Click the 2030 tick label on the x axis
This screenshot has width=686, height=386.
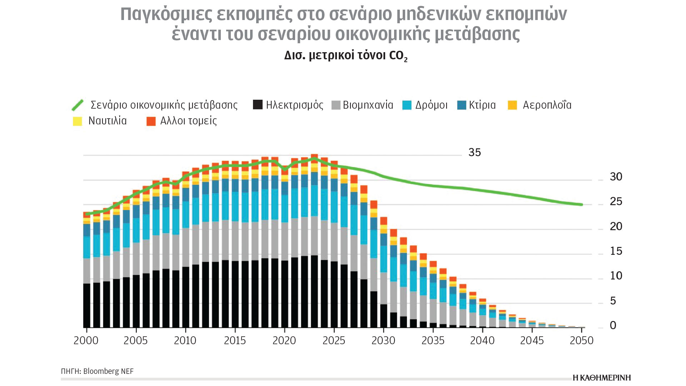click(x=383, y=341)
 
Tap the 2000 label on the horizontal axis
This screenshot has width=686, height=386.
click(x=86, y=341)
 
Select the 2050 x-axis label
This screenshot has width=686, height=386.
click(x=581, y=341)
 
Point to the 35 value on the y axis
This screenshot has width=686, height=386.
click(x=474, y=153)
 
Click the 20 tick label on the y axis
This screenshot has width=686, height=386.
click(x=616, y=227)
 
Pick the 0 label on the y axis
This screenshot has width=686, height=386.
click(x=613, y=326)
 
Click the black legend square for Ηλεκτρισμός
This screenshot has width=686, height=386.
click(x=258, y=105)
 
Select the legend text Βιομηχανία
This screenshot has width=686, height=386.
click(x=368, y=105)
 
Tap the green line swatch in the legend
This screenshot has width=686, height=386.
click(x=78, y=105)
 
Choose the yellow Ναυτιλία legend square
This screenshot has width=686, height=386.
click(x=78, y=121)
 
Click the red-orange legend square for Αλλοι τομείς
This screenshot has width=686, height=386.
click(x=151, y=121)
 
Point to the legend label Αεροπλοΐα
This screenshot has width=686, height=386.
click(x=547, y=105)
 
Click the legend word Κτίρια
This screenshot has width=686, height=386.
click(x=482, y=105)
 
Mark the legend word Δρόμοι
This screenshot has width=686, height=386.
click(x=431, y=105)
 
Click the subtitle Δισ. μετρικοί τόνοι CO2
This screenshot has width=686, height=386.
click(x=346, y=56)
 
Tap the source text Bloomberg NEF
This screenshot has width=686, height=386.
click(x=108, y=371)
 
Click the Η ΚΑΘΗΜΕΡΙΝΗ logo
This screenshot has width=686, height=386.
click(x=602, y=378)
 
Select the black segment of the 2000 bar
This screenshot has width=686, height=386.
click(x=86, y=306)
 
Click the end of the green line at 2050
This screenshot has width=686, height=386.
click(x=582, y=205)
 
